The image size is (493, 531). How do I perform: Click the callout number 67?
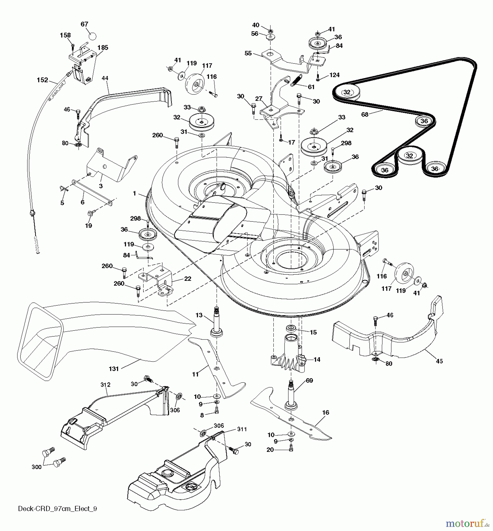pos(84,24)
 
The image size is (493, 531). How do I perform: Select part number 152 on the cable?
pos(43,80)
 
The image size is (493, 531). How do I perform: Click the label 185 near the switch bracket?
pos(103,47)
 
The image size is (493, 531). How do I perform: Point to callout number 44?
pos(105,78)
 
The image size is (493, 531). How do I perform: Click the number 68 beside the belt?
pos(365,114)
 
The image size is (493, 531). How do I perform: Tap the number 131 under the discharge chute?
pos(114,368)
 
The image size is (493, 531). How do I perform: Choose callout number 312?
pos(105,385)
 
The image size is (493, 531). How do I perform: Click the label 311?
pos(242,429)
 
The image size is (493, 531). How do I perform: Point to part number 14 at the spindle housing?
pos(317,360)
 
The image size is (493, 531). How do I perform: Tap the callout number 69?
pos(309,381)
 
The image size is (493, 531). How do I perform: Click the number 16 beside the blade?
pos(325,412)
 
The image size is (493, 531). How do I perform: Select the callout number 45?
pos(439,361)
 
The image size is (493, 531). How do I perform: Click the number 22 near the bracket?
pos(188,278)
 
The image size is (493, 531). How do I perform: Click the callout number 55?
pos(248,53)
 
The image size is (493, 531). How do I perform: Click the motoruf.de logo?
pos(466,524)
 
